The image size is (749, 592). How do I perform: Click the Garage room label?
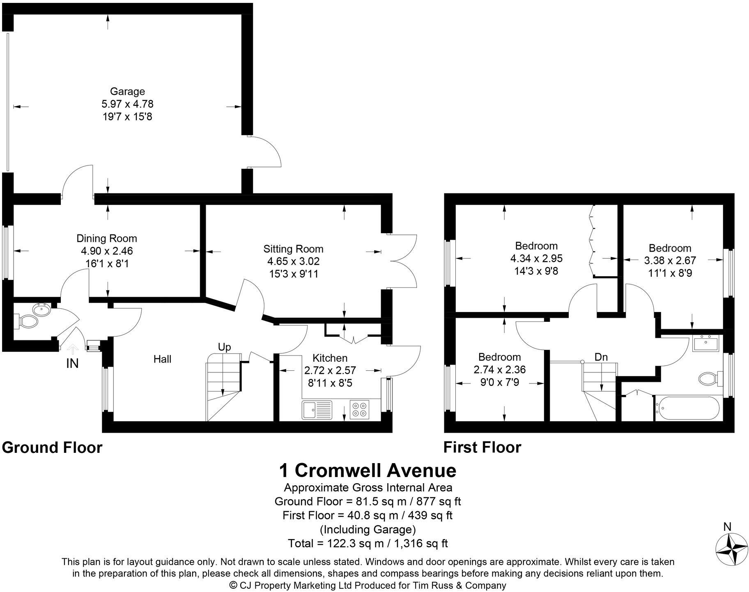(127, 92)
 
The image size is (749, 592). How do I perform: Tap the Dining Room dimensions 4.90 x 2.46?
(107, 251)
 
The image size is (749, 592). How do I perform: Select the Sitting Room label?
(293, 249)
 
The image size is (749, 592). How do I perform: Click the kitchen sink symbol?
(317, 409)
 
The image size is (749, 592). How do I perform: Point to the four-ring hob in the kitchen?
(360, 409)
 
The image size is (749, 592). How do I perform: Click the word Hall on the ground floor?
(162, 359)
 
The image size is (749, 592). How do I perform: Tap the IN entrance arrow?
(73, 349)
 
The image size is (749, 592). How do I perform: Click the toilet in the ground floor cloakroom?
(26, 321)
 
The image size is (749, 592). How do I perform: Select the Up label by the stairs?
(224, 347)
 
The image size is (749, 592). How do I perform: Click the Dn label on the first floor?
(601, 357)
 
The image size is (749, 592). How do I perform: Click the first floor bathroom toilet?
(710, 378)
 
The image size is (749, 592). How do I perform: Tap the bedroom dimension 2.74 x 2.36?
(499, 369)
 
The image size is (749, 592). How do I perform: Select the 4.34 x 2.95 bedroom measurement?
(536, 259)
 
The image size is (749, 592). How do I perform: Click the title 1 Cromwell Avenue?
(368, 470)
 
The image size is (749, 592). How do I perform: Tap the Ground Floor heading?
(52, 447)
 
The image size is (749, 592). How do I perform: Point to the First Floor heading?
(482, 447)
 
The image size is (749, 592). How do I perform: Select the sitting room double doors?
(402, 261)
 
